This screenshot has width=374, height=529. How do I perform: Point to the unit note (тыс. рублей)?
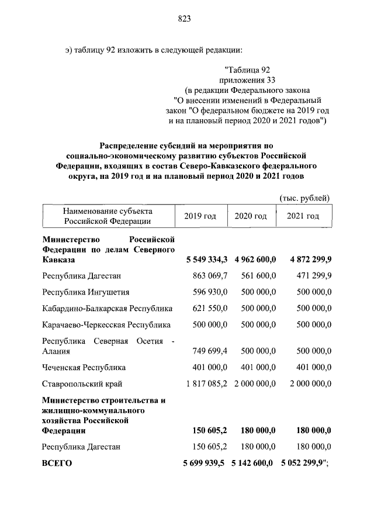click(305, 198)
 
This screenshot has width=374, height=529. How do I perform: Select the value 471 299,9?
click(311, 275)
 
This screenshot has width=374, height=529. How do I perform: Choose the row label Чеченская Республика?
click(84, 368)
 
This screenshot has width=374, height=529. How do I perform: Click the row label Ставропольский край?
click(82, 384)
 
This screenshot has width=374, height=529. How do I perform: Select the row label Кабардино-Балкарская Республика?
click(107, 308)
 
